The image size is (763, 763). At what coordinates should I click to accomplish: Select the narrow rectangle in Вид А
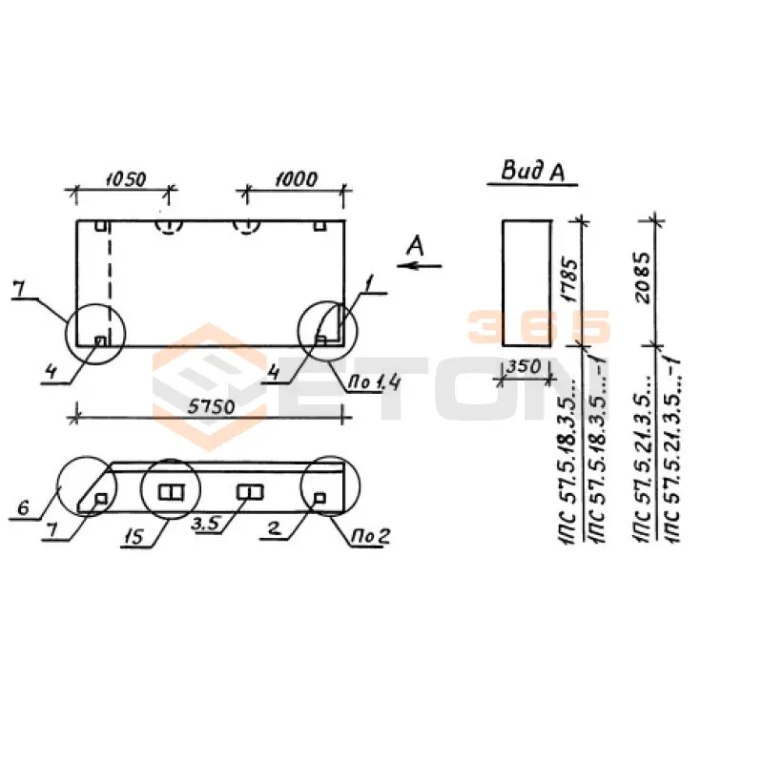coord(526,282)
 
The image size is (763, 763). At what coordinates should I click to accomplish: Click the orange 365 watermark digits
coord(538,326)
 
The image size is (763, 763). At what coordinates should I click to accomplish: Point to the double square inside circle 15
coord(171,492)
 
